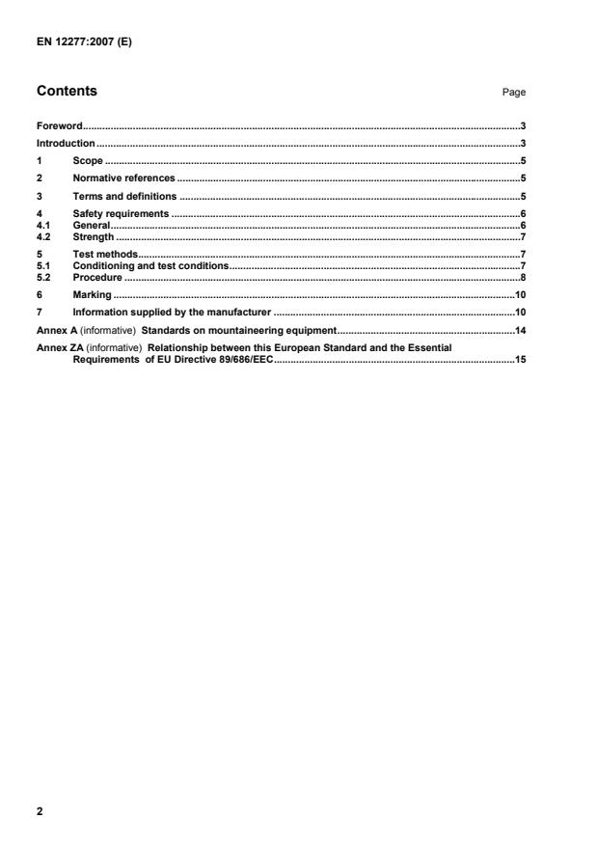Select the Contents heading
[x=67, y=92]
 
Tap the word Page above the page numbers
[x=514, y=93]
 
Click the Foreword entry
[x=59, y=126]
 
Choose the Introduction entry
[x=66, y=143]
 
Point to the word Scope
[x=88, y=160]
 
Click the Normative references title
[x=123, y=178]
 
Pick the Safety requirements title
[x=121, y=213]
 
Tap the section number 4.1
[x=42, y=224]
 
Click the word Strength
[x=94, y=236]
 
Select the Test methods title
[x=105, y=254]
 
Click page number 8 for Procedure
[x=522, y=277]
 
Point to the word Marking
[x=92, y=294]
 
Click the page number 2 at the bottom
[x=40, y=811]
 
